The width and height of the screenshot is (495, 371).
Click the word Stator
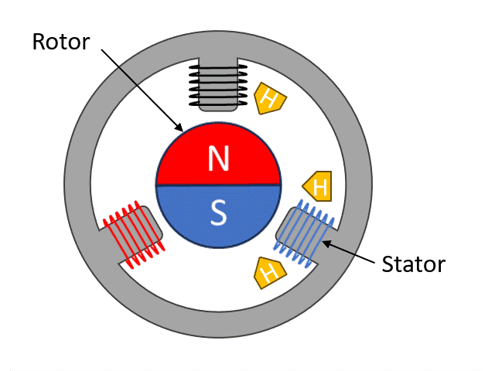coord(414,265)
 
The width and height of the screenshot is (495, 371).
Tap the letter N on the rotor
coord(219,159)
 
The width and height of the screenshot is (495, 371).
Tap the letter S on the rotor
coord(219,213)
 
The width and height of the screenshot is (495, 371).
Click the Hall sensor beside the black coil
coord(268,99)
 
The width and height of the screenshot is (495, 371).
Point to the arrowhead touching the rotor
coord(179,128)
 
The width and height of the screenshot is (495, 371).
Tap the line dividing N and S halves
coord(219,185)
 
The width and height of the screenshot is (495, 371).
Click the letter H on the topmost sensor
coord(269,98)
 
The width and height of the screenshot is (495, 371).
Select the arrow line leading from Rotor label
coord(139,85)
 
